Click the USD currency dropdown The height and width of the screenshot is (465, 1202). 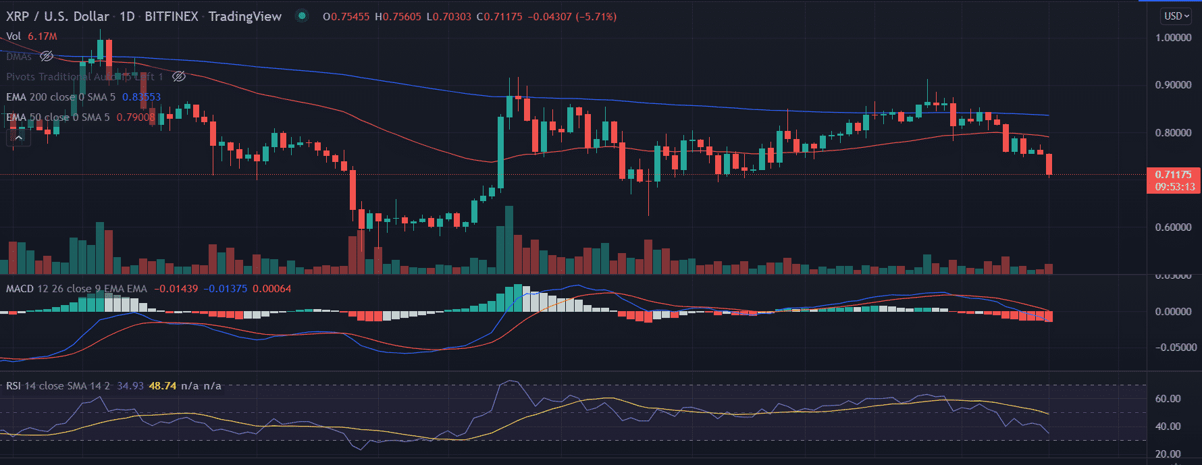1176,16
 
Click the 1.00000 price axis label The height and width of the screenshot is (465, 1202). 1173,38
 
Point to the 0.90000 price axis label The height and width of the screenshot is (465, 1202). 1173,85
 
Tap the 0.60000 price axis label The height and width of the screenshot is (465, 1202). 1173,227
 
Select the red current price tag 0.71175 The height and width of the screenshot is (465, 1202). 1174,175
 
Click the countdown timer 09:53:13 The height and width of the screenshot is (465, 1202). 1174,187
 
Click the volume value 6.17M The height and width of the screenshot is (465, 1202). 42,36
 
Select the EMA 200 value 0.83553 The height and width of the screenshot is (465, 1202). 141,97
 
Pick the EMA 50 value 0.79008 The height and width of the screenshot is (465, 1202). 136,117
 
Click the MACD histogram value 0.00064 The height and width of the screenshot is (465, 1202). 271,289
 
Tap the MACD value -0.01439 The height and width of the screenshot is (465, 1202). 176,289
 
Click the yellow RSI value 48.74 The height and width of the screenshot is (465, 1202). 162,386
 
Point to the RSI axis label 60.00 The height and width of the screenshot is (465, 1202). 1168,399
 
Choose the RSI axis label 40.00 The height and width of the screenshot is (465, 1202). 1168,427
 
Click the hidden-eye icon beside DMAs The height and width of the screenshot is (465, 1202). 47,57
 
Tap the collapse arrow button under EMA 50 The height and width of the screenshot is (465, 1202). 18,138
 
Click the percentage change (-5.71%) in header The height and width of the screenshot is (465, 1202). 596,17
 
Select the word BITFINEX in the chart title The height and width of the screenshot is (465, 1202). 171,16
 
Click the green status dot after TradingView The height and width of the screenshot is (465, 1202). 302,16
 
